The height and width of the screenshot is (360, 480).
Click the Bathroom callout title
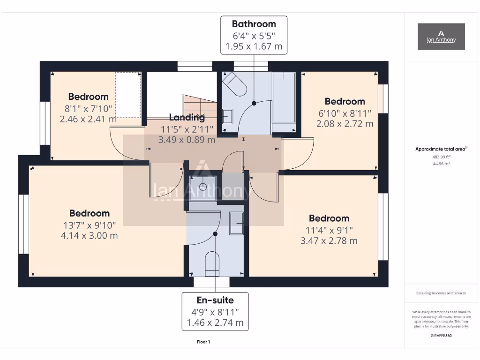254,24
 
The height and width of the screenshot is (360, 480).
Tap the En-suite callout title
215,300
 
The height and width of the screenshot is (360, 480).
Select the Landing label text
187,118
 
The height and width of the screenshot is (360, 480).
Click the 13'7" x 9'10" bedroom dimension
89,225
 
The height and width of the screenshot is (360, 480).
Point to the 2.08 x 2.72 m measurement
345,124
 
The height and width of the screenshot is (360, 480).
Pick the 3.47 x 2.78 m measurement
329,240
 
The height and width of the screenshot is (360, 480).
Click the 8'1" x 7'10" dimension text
88,108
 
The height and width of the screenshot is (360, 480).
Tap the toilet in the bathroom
234,84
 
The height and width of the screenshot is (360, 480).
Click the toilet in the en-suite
212,263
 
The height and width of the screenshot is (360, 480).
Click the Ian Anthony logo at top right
441,37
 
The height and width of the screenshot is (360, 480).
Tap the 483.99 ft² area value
441,157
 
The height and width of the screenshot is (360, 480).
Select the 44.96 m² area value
441,164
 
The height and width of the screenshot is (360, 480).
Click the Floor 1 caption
203,342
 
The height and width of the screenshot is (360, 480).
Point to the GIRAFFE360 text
441,336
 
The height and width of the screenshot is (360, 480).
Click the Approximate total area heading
441,149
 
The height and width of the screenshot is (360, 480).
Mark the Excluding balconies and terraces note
441,293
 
